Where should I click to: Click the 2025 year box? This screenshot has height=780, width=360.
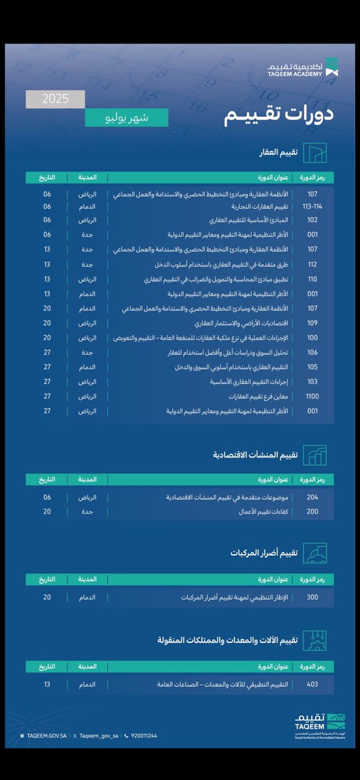coord(56,100)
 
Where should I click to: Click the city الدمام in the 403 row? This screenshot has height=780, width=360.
coord(88,684)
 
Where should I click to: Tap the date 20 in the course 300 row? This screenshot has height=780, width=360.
coord(47,597)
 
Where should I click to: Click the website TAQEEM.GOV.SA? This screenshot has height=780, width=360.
coord(45,736)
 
